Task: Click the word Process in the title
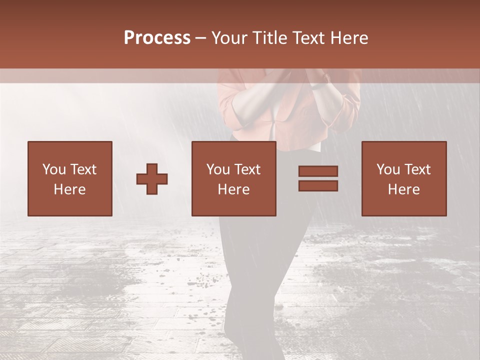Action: pyautogui.click(x=157, y=37)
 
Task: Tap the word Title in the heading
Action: pyautogui.click(x=270, y=37)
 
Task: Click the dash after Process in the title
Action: pyautogui.click(x=201, y=38)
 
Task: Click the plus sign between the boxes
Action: pyautogui.click(x=152, y=179)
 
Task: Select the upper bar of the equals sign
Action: pyautogui.click(x=318, y=171)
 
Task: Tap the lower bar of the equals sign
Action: pyautogui.click(x=318, y=186)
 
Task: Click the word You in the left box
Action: pyautogui.click(x=54, y=169)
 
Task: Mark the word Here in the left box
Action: pyautogui.click(x=69, y=189)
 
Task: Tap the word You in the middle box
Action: pyautogui.click(x=218, y=169)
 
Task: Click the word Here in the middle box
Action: pyautogui.click(x=234, y=189)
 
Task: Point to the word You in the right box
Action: pyautogui.click(x=388, y=169)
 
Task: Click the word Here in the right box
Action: pyautogui.click(x=404, y=189)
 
